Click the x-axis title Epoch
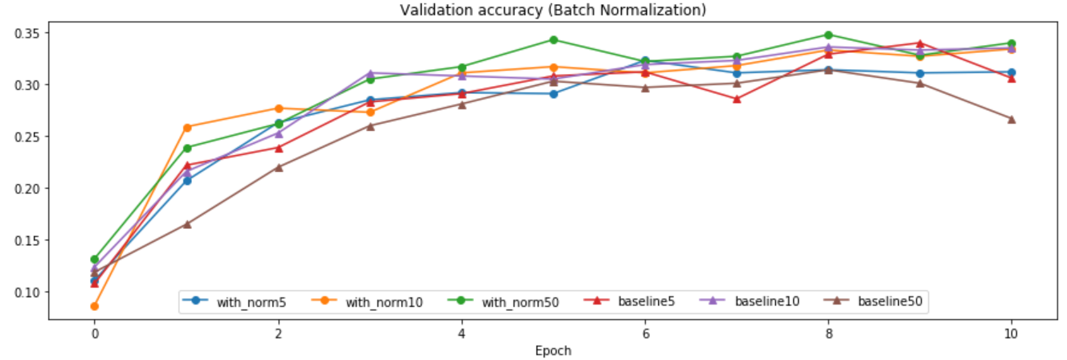pos(553,350)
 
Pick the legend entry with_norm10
pos(382,302)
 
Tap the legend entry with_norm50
pos(517,302)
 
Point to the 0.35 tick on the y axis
pos(27,33)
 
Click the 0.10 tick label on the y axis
pos(27,292)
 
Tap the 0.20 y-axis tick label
pos(27,188)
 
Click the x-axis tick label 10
pos(1012,333)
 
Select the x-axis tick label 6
pos(644,333)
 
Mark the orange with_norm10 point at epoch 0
pos(94,306)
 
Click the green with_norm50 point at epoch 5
pos(553,39)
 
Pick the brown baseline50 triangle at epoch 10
pos(1012,119)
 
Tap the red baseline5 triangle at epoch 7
pos(736,99)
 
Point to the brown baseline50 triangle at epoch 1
pos(186,224)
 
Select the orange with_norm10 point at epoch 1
pos(186,127)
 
